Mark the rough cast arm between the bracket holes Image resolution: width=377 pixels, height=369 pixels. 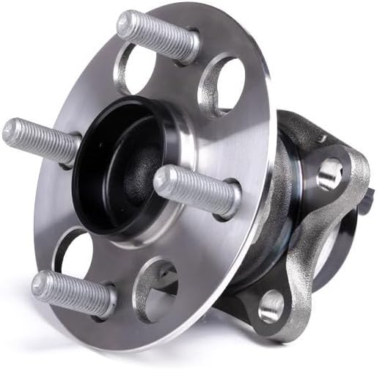(x=308, y=235)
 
